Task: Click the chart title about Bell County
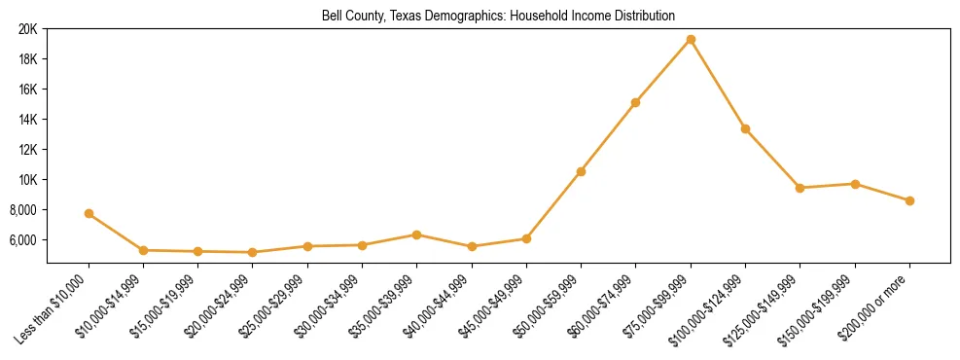(498, 16)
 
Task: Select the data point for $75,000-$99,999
(691, 39)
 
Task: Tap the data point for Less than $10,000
(89, 213)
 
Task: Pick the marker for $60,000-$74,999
(635, 102)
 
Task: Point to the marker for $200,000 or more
(909, 200)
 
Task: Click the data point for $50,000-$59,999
(581, 171)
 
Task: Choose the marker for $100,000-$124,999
(745, 128)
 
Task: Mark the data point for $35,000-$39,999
(416, 234)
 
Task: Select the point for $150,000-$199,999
(855, 184)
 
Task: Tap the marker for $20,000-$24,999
(253, 252)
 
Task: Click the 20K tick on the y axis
(27, 29)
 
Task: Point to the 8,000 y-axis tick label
(22, 210)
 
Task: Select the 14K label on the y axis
(27, 120)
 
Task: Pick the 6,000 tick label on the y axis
(22, 240)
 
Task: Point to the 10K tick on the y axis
(27, 180)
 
